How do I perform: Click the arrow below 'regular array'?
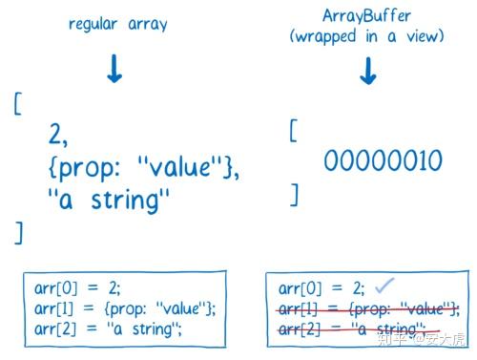click(114, 69)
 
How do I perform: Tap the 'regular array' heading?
click(117, 24)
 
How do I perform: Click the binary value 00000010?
click(383, 160)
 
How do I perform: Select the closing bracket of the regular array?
click(17, 231)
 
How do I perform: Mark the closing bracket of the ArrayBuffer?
click(295, 196)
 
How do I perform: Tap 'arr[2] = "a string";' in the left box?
click(105, 328)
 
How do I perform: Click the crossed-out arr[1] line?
click(368, 307)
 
